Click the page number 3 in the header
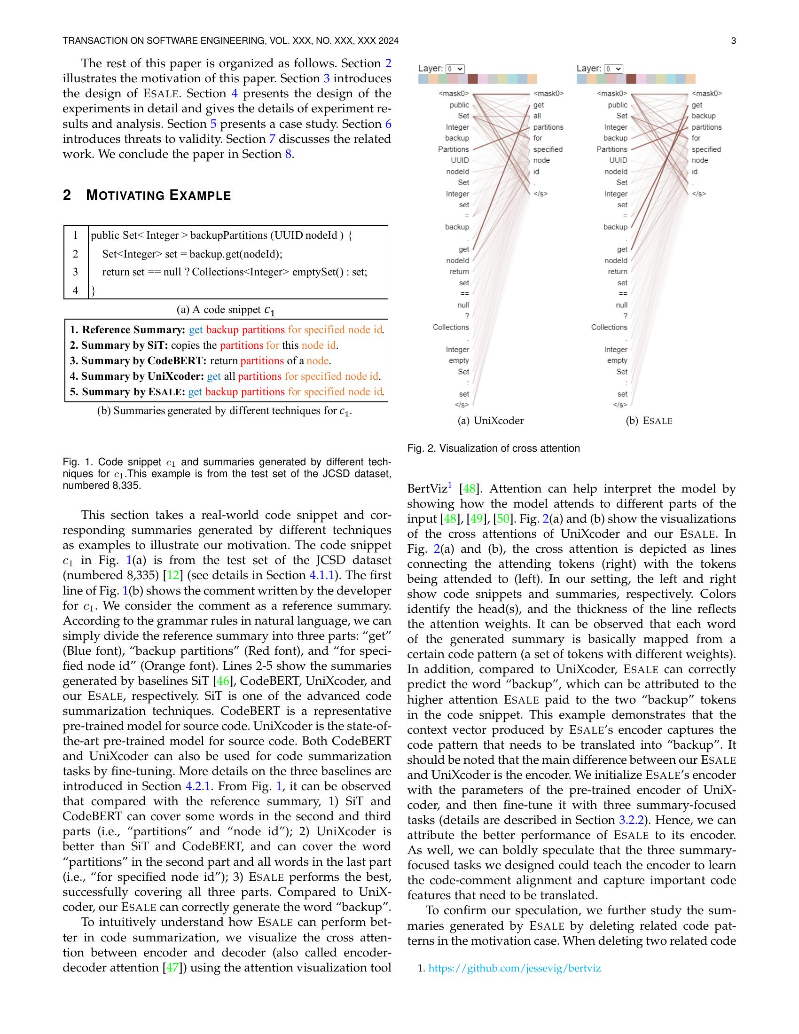coord(733,41)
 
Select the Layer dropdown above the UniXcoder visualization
coord(455,69)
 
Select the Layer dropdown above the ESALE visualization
coord(613,69)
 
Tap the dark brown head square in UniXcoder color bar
coord(472,79)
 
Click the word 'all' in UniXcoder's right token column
coord(537,116)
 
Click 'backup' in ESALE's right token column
coord(704,116)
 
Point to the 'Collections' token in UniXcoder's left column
coord(451,327)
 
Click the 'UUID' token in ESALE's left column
coord(618,160)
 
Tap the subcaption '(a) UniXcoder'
coord(490,421)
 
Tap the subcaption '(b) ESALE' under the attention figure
coord(649,421)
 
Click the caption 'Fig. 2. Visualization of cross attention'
coord(493,448)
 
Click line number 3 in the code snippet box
coord(75,272)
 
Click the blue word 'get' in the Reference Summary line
coord(196,329)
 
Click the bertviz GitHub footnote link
coord(514,968)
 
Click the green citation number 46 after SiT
coord(220,681)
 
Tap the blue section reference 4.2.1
coord(198,786)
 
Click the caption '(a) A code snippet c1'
coord(226,310)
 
